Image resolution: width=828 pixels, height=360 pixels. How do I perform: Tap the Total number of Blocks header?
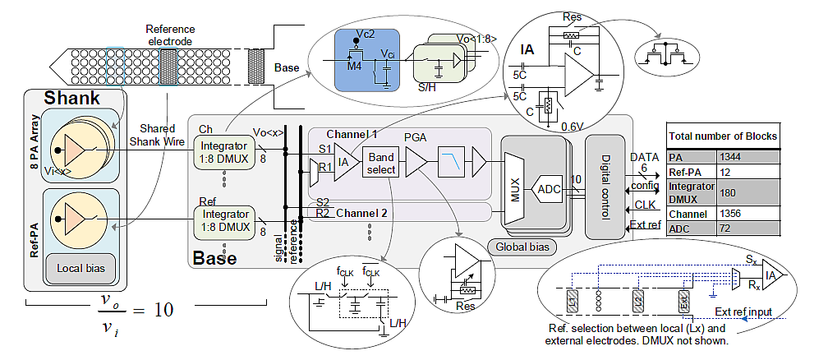[723, 136]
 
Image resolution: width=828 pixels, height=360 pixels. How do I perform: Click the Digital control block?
[604, 186]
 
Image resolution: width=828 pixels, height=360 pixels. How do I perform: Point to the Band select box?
[382, 163]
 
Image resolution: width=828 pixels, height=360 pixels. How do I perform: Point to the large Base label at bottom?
[215, 258]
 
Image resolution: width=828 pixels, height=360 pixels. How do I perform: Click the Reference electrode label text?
[171, 35]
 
